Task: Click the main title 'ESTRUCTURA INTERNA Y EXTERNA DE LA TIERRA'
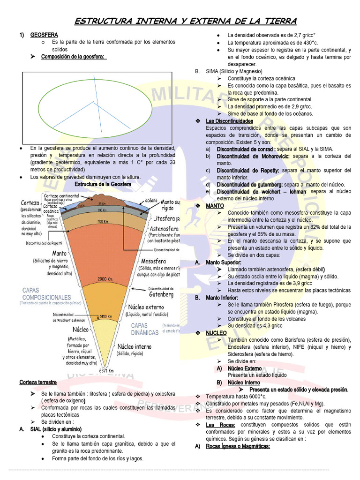pyautogui.click(x=186, y=21)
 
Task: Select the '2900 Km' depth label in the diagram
pyautogui.click(x=105, y=278)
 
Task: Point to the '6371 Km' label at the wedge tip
pyautogui.click(x=106, y=371)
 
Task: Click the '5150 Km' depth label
pyautogui.click(x=105, y=316)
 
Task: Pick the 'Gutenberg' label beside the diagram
pyautogui.click(x=161, y=295)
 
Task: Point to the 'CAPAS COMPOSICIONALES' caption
pyautogui.click(x=46, y=294)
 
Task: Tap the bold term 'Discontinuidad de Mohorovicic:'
pyautogui.click(x=253, y=156)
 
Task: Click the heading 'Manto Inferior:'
pyautogui.click(x=222, y=298)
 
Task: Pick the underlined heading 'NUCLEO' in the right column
pyautogui.click(x=217, y=332)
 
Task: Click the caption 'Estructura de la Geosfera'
pyautogui.click(x=103, y=184)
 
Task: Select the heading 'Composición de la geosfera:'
pyautogui.click(x=74, y=57)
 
